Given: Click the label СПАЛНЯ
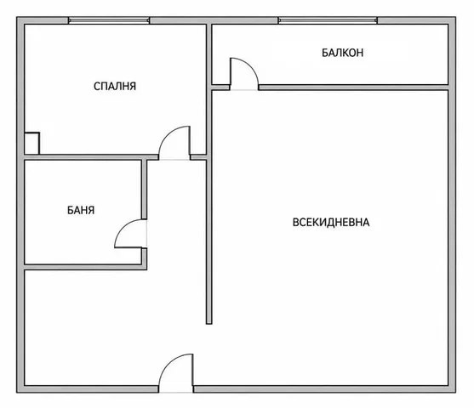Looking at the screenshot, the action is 115,87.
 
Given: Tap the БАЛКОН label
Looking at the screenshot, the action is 342,53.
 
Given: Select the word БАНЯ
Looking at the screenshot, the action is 81,210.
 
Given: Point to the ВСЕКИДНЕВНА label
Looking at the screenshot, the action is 331,222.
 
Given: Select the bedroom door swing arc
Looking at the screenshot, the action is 166,133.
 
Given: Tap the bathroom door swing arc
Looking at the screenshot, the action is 123,227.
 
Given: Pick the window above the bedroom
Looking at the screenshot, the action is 109,20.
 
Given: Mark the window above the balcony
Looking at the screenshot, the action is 328,20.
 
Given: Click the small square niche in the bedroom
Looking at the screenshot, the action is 31,143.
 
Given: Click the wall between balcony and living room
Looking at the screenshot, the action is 354,88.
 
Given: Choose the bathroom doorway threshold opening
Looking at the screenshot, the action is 145,234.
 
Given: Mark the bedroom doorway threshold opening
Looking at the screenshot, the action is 174,157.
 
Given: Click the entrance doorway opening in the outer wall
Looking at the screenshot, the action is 176,389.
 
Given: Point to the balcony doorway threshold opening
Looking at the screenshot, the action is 244,88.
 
